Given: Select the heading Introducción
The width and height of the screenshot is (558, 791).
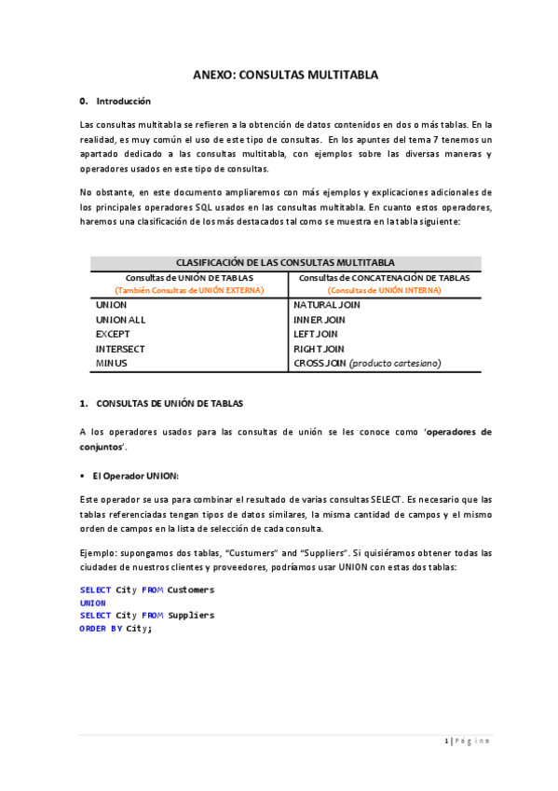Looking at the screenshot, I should (123, 101).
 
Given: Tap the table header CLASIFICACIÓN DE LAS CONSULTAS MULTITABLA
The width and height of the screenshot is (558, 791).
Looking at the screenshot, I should (285, 263).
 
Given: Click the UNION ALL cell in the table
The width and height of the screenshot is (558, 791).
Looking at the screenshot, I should (120, 319).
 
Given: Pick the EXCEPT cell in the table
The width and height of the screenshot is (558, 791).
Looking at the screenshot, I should (113, 334).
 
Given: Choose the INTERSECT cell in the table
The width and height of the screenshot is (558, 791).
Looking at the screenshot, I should (120, 349).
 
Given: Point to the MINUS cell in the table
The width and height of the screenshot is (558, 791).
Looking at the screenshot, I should (111, 363).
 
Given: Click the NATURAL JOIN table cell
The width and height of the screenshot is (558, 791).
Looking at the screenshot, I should (327, 305).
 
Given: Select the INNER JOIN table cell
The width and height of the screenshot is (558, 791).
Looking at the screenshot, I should (321, 319).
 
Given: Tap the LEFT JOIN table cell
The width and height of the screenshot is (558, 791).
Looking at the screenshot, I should (316, 334).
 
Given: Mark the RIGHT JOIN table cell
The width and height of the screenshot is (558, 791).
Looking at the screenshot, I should (319, 349).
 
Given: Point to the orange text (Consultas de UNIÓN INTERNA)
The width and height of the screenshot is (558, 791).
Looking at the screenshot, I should (384, 290).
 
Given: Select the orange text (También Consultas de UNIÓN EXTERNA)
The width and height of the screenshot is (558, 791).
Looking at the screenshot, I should (189, 290).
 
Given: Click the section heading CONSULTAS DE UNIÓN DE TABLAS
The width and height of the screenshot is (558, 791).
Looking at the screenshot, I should (170, 404).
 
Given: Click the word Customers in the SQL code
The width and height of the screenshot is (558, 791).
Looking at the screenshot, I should (190, 590).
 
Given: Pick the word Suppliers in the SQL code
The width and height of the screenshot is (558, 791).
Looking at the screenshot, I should (190, 615).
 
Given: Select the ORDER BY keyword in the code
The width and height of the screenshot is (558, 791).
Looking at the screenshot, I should (101, 628).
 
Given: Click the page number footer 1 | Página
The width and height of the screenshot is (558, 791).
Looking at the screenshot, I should (467, 742).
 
